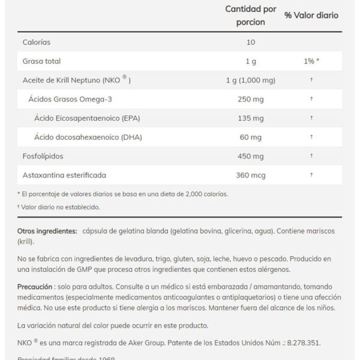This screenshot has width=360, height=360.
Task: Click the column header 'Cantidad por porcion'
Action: coord(251,16)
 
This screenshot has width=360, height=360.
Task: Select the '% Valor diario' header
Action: coord(311,15)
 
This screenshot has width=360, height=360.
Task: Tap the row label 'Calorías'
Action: coord(36,42)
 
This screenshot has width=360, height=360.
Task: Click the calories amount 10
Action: coord(251,42)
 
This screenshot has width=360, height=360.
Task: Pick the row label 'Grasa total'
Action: coord(41,61)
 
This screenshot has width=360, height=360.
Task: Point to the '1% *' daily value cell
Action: coord(311,61)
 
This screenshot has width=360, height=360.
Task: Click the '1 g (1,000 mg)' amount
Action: coord(251,80)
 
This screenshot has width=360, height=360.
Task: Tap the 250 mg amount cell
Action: coord(251,99)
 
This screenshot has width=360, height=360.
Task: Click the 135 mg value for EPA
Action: coord(251,118)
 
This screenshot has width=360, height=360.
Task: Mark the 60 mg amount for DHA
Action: coord(251,137)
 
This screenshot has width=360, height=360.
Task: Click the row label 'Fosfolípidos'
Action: coord(43,156)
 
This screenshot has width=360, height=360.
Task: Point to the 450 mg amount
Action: coord(251,156)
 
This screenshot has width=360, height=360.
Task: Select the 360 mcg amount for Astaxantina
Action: coord(251,175)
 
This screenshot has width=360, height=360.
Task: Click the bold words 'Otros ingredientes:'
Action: coord(47,231)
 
